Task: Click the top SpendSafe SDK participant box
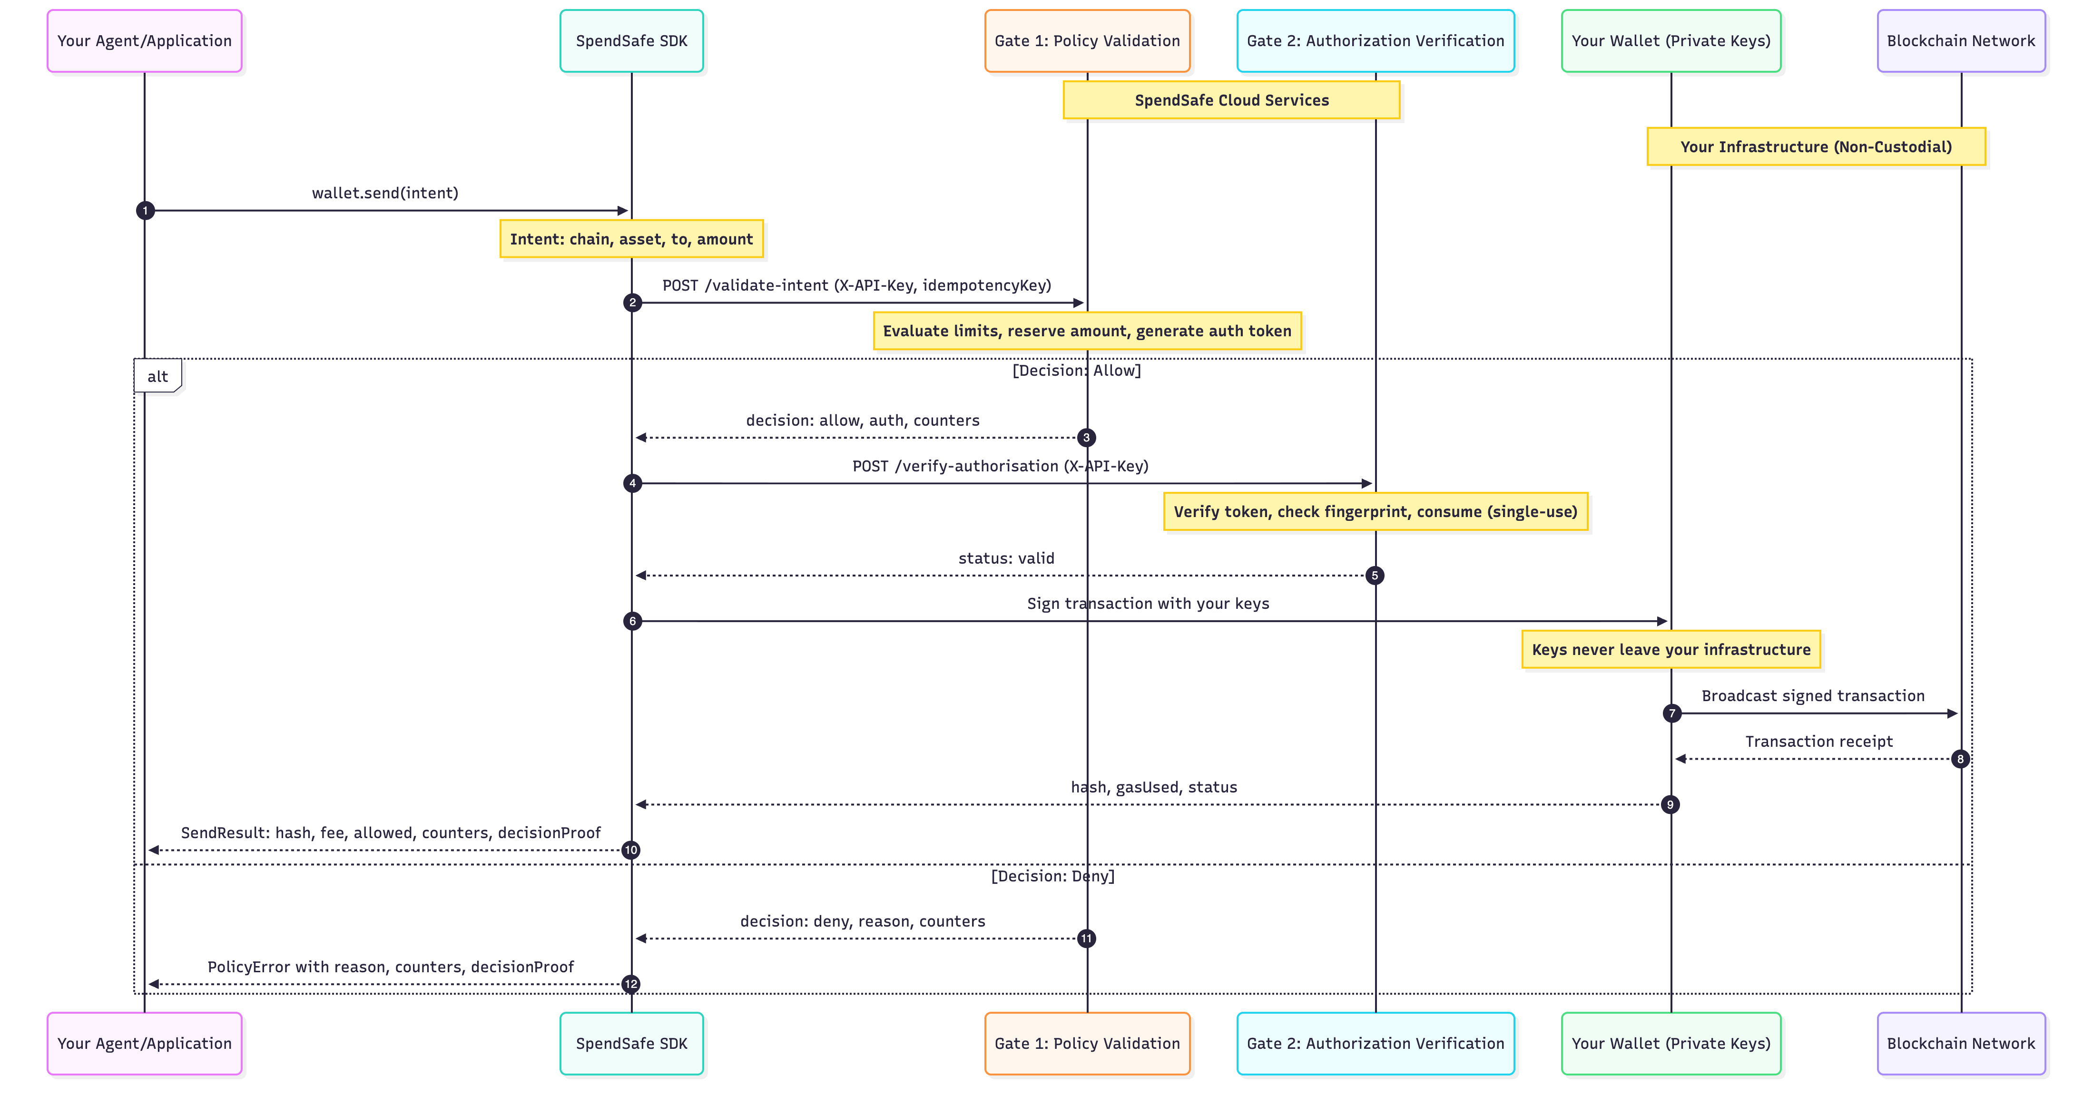[x=631, y=40]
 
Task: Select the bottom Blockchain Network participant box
[x=1961, y=1043]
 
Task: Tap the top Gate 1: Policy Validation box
[x=1087, y=40]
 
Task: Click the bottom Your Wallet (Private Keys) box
[x=1670, y=1043]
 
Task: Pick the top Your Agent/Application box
[x=145, y=40]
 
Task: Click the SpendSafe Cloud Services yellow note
[x=1231, y=100]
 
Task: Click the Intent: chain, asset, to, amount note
[x=631, y=239]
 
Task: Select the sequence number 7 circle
[x=1671, y=713]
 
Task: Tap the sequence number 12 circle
[x=630, y=984]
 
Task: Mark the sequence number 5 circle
[x=1374, y=575]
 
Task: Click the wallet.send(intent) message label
[x=385, y=193]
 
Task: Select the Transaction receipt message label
[x=1818, y=741]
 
